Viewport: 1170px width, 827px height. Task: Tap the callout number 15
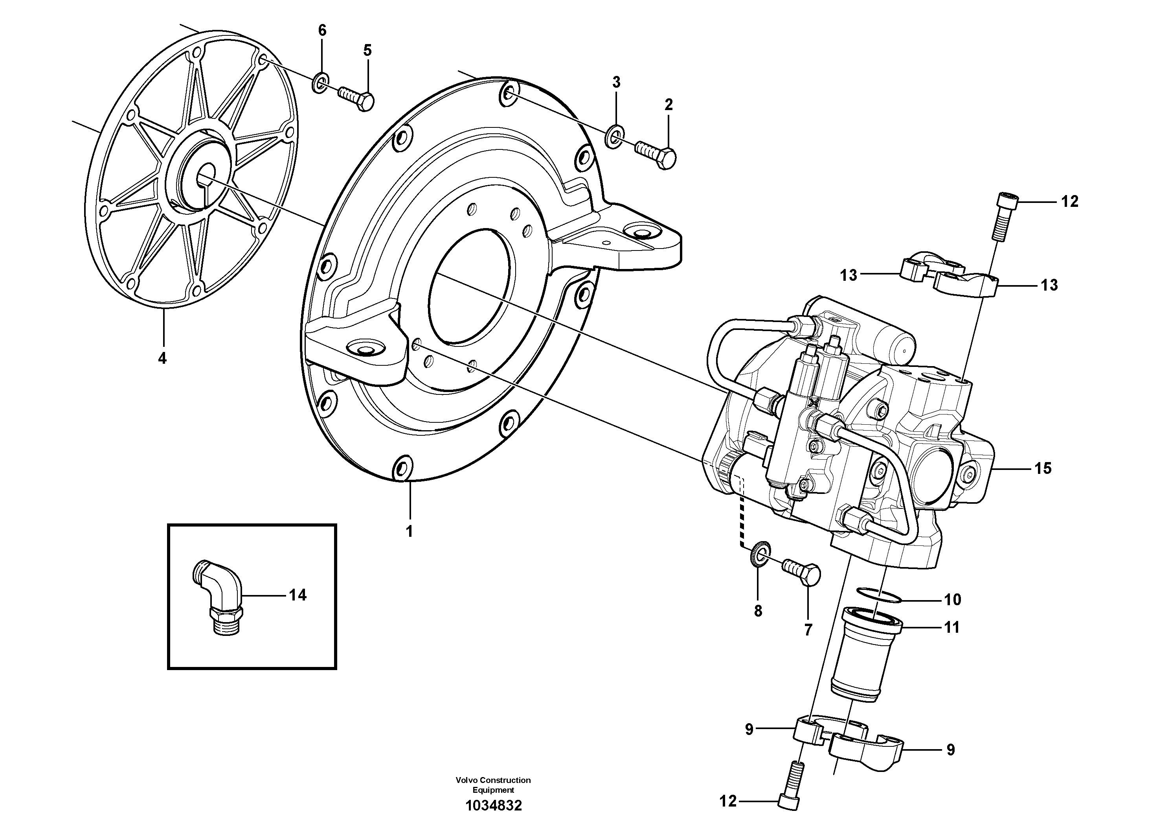tap(1043, 468)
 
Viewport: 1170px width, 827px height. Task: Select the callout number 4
tap(162, 358)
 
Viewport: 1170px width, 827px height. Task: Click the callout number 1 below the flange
tap(409, 531)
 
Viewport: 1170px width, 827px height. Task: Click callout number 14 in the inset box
tap(298, 595)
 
